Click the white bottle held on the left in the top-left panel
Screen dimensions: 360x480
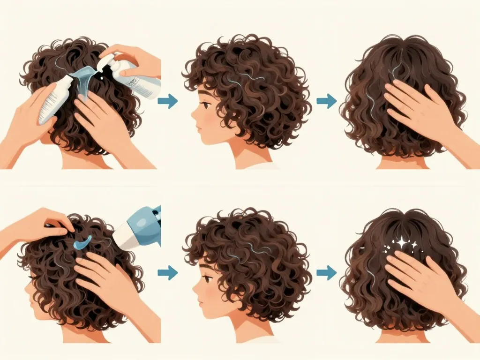[55, 101]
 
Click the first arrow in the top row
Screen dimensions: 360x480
[168, 101]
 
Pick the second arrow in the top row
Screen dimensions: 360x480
[326, 101]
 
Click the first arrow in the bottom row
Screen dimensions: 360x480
[168, 272]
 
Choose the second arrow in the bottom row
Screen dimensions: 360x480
[326, 272]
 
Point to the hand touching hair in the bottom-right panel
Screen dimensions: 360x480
[417, 277]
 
